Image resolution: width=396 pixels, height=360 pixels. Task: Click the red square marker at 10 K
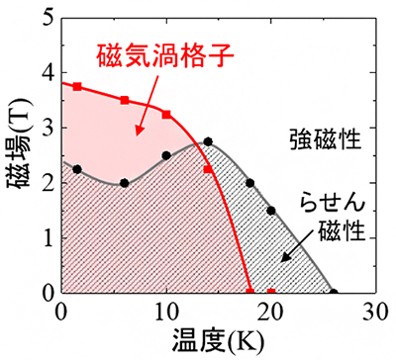point(166,115)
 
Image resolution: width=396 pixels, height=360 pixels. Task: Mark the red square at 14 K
point(208,170)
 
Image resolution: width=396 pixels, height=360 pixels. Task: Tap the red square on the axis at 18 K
point(249,292)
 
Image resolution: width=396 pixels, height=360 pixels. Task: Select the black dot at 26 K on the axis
point(334,292)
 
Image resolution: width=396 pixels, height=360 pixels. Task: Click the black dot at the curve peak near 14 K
point(208,141)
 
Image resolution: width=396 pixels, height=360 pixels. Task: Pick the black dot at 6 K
point(124,183)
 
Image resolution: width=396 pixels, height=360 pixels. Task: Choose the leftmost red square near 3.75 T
point(77,87)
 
